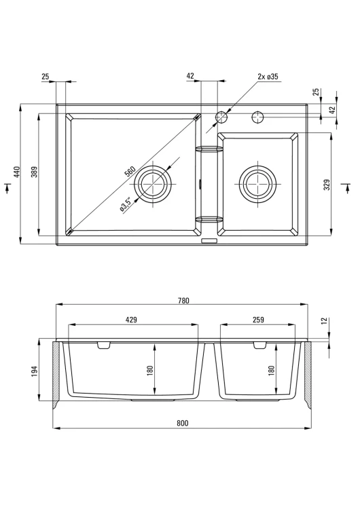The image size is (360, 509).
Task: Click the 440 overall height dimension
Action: pos(17,172)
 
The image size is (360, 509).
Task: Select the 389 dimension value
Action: pos(35,172)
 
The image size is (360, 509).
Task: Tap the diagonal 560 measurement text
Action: pos(130,171)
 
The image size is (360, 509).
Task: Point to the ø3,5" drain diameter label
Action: pos(126,205)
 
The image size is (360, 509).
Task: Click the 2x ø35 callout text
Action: pos(268,77)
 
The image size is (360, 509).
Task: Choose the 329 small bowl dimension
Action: pos(327,185)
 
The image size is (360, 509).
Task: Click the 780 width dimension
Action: pos(183,301)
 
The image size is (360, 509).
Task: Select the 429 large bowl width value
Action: pos(131,320)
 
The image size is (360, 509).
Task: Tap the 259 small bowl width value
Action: pos(258,320)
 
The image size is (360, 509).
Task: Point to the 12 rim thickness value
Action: pos(323,322)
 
